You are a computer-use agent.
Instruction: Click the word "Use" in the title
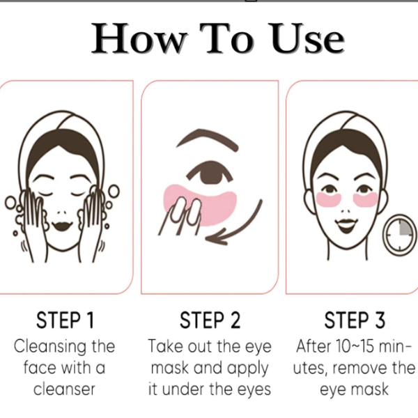(307, 38)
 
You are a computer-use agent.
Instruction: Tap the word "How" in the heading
(139, 38)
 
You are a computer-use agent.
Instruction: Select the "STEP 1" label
(65, 320)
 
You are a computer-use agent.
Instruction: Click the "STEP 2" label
(210, 320)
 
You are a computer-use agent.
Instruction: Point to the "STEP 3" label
(355, 320)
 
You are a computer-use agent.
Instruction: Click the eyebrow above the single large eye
(208, 138)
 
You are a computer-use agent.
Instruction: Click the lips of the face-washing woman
(62, 225)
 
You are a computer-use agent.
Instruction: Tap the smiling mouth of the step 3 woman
(346, 225)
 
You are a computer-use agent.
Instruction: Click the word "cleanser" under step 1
(64, 389)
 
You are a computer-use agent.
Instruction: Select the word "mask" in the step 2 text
(171, 368)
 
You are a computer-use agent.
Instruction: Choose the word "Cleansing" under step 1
(50, 347)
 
